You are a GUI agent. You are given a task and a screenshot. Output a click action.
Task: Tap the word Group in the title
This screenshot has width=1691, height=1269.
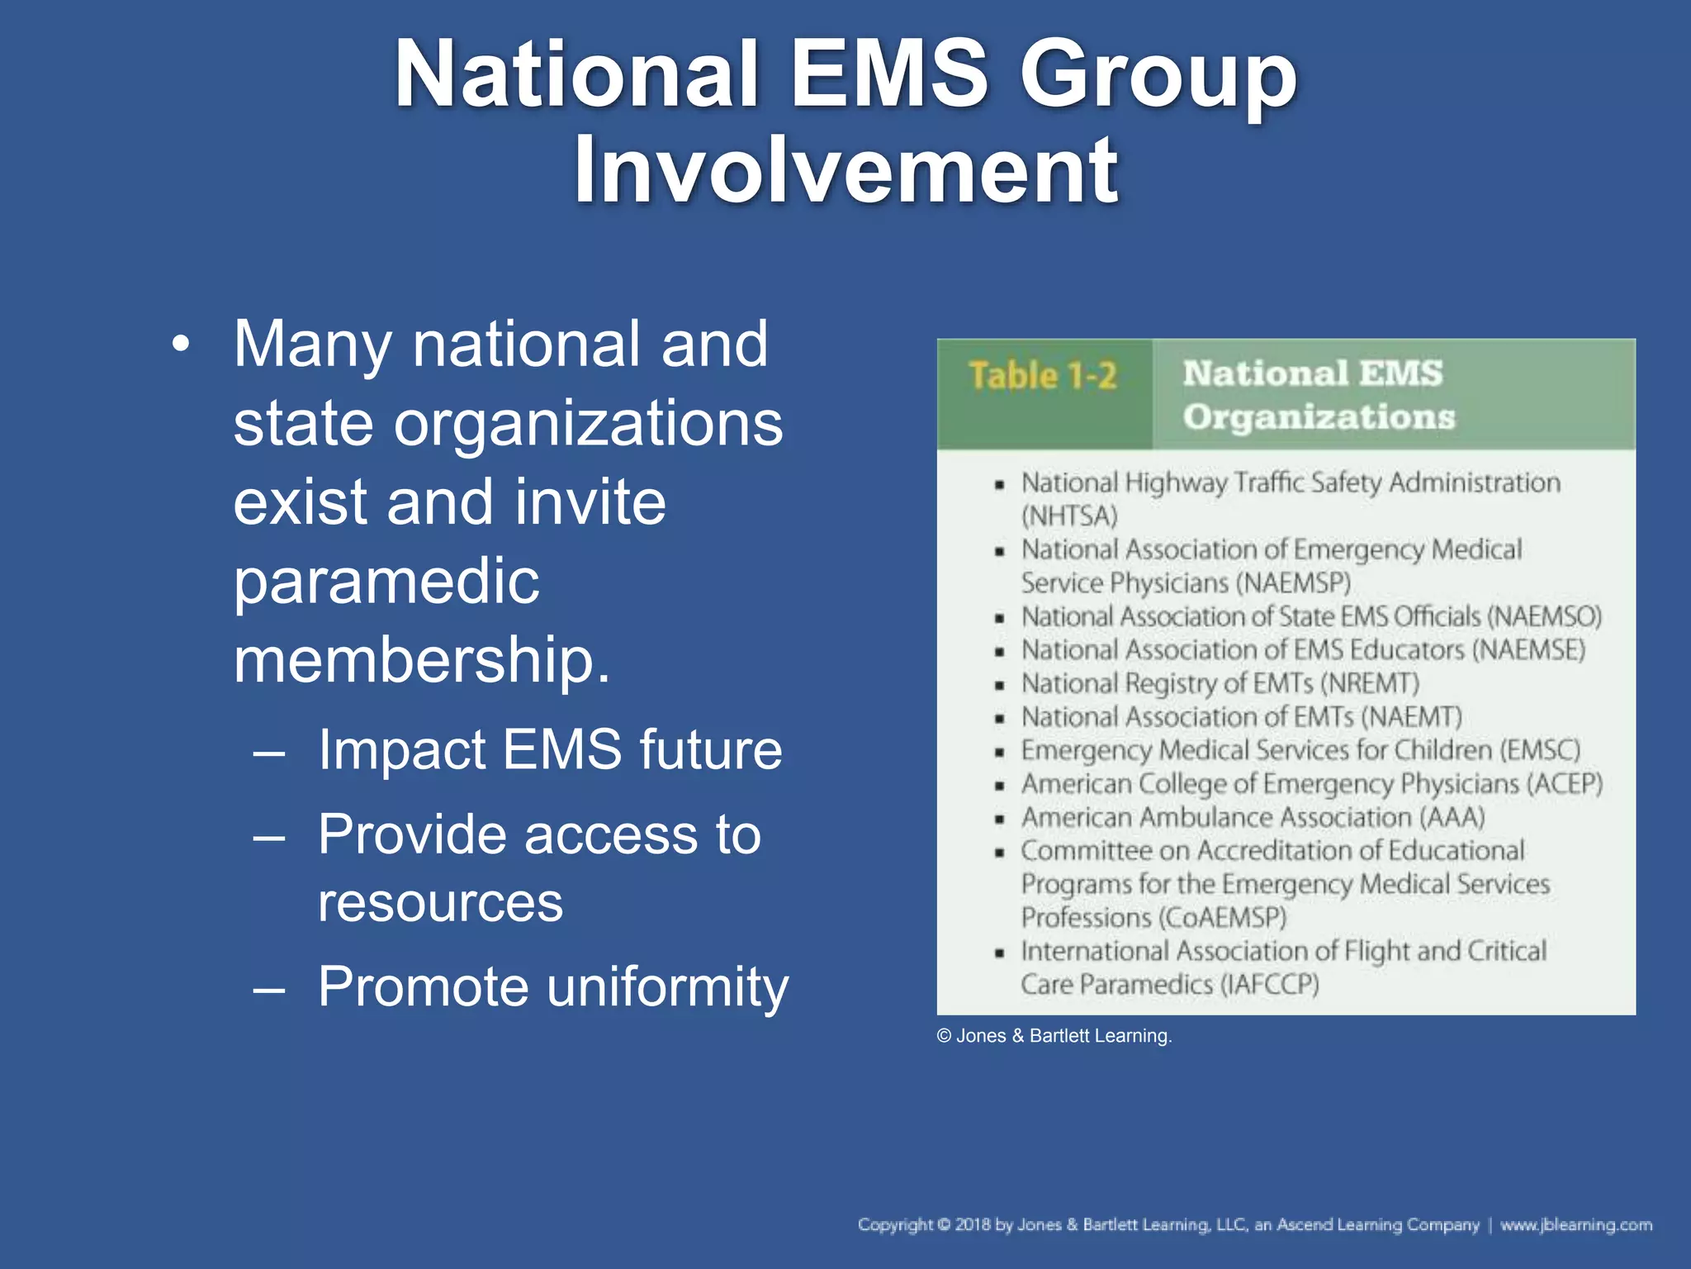(1158, 76)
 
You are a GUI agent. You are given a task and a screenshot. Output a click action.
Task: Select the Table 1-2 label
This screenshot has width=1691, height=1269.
(1043, 376)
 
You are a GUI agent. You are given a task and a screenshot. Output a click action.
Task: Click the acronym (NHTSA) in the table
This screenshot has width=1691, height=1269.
(1069, 516)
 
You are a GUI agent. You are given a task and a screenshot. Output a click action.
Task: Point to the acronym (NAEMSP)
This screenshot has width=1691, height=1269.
(1293, 583)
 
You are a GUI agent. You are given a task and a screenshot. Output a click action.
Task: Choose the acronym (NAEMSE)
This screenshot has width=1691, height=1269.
(1528, 650)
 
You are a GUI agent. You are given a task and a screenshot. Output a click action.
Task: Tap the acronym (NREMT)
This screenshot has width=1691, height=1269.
(1370, 684)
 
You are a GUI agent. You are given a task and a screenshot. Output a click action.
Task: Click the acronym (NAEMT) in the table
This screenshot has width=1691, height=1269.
(1411, 717)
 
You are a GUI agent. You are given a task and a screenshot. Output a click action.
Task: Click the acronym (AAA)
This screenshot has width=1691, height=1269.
(1452, 818)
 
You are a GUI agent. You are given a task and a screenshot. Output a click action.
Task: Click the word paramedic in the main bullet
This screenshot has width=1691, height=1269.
(386, 582)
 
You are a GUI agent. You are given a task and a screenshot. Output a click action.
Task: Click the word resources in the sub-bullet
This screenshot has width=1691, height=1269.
(440, 902)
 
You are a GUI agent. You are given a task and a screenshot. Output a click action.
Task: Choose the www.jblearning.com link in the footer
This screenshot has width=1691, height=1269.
(1576, 1224)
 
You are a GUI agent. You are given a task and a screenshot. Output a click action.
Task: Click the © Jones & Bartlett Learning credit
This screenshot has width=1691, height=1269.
(1054, 1036)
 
